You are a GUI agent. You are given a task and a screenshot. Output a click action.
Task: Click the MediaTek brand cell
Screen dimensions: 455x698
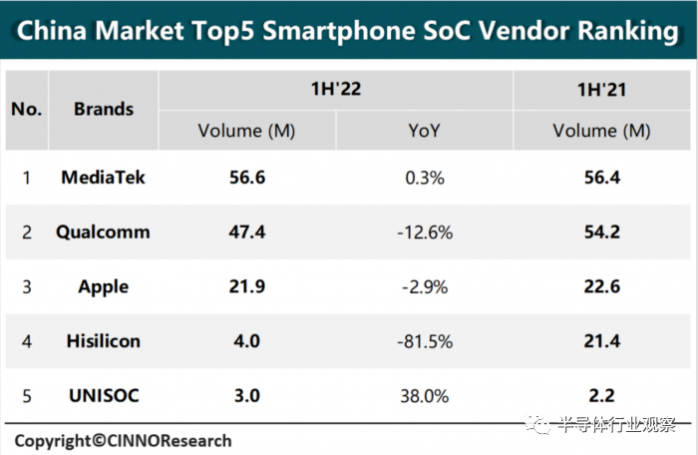(x=104, y=178)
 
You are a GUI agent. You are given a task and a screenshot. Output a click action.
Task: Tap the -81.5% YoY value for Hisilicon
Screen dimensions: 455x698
(x=424, y=341)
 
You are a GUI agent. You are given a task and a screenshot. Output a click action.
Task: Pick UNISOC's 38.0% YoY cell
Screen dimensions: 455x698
(x=424, y=396)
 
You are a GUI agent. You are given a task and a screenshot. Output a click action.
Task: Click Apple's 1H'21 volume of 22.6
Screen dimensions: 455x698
(x=601, y=286)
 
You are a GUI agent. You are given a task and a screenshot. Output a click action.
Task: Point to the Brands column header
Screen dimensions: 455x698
(x=104, y=109)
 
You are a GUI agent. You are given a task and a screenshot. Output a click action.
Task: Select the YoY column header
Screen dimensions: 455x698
(x=424, y=131)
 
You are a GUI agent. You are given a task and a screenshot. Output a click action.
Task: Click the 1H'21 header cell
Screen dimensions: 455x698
(x=601, y=90)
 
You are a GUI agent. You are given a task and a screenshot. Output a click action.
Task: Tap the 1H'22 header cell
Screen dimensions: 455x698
(x=335, y=90)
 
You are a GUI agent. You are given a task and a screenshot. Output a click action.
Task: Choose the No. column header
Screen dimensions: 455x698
(x=27, y=109)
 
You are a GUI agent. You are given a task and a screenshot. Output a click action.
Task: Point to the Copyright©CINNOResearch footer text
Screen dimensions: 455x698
(x=123, y=440)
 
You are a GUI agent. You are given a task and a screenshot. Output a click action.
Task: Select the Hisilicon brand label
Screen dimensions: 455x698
(x=104, y=341)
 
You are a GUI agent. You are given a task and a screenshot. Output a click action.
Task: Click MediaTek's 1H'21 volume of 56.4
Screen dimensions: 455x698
(x=601, y=178)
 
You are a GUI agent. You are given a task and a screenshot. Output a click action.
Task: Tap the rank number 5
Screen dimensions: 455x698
(x=27, y=396)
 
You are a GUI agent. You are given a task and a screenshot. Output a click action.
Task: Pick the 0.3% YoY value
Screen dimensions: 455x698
(x=424, y=178)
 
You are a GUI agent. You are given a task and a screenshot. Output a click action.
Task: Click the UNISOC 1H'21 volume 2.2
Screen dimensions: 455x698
(x=601, y=396)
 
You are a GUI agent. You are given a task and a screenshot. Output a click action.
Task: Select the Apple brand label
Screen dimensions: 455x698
(x=104, y=286)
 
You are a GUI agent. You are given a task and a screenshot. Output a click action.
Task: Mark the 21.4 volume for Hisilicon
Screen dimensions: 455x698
(x=601, y=341)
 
